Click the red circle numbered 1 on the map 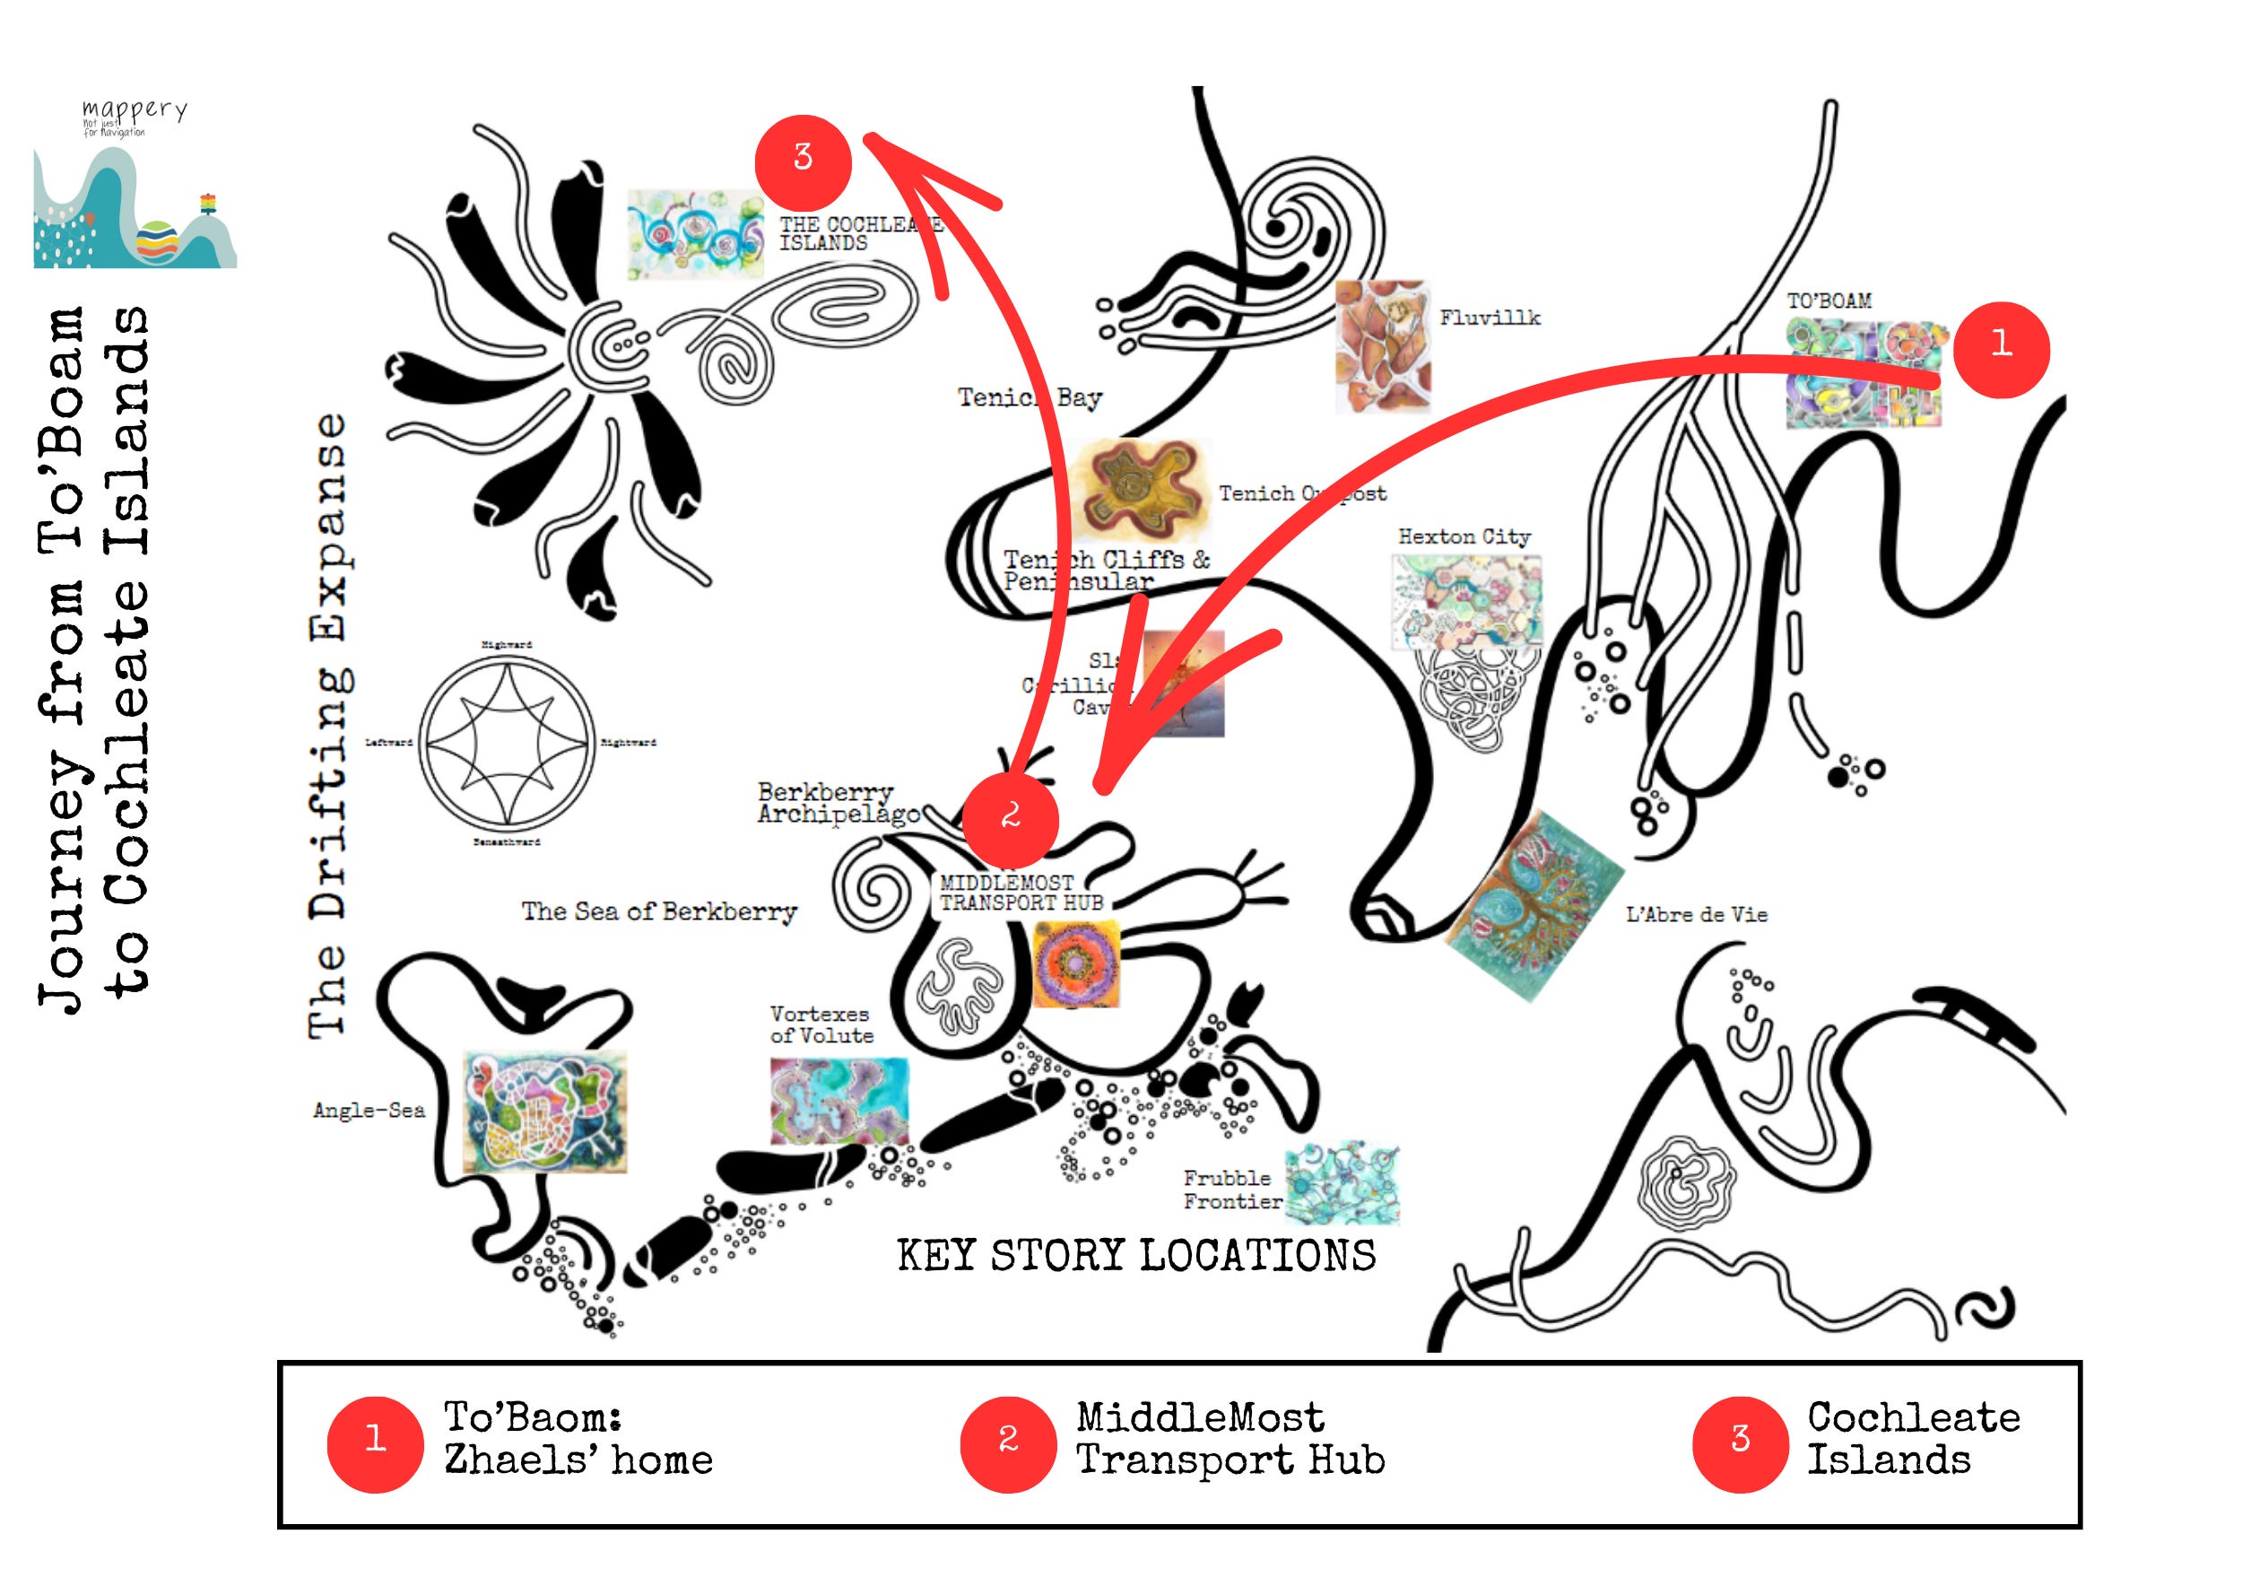(2001, 349)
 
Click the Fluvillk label (1489, 318)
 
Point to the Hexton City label (1464, 536)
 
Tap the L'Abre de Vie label (1696, 915)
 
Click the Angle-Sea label (368, 1111)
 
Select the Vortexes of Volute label (821, 1024)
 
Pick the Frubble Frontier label (1231, 1189)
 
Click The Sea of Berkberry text (659, 912)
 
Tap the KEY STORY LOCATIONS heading (1135, 1256)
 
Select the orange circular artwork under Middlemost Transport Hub (1075, 965)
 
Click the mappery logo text (135, 111)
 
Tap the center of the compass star (507, 742)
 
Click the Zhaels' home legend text (578, 1461)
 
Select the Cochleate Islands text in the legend (1912, 1440)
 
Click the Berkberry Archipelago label (838, 803)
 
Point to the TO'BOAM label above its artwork (1829, 301)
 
